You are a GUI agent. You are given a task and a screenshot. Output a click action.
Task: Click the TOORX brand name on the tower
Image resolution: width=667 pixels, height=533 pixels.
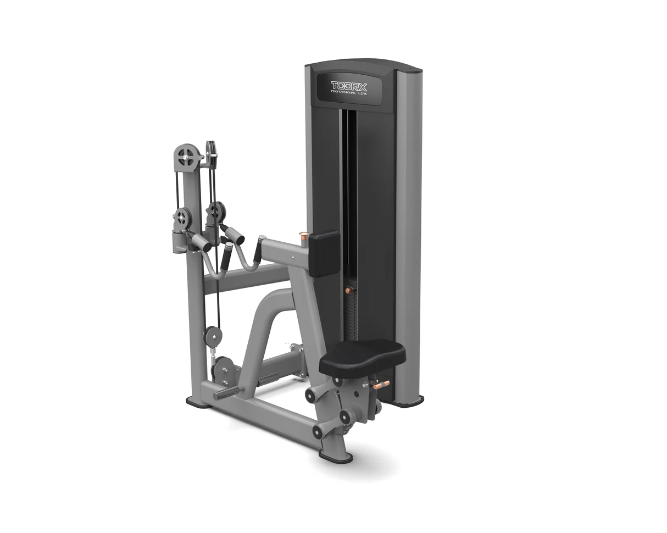(x=349, y=86)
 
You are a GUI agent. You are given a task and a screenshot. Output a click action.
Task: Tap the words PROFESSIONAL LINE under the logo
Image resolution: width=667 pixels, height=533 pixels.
(x=349, y=93)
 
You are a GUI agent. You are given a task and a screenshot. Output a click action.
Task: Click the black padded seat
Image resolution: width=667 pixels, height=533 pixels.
(x=362, y=360)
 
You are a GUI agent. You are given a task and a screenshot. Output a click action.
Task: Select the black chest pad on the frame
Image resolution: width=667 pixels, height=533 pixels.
(x=324, y=254)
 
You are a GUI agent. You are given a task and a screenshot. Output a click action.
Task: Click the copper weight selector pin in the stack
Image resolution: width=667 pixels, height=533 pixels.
(x=350, y=290)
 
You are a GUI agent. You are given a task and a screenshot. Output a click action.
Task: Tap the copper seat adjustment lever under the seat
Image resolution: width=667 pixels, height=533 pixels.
(x=381, y=385)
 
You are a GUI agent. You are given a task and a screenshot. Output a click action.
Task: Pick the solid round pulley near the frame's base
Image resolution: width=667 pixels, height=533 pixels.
(x=212, y=336)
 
